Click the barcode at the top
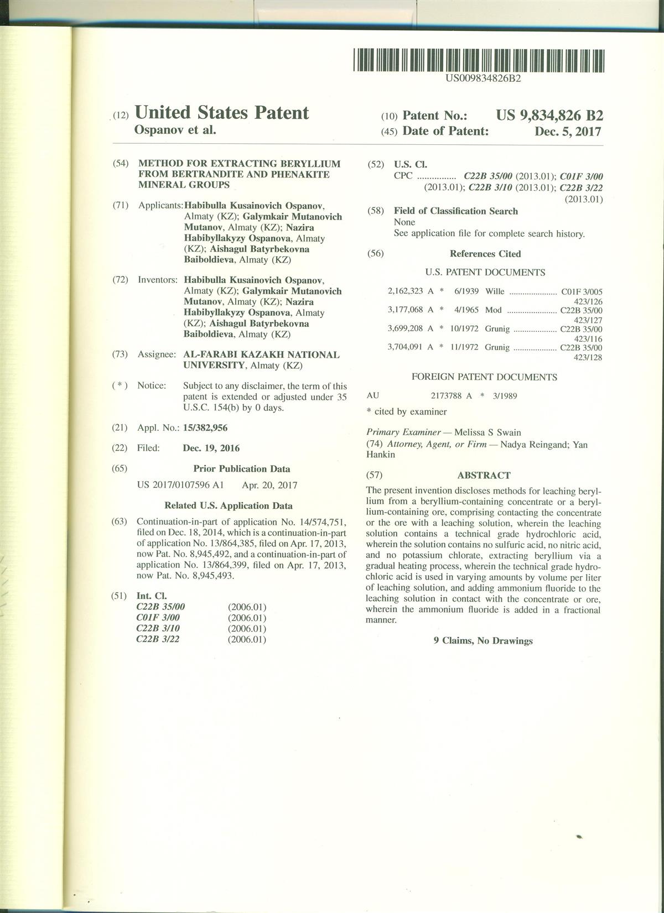[x=479, y=61]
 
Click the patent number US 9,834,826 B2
[x=549, y=116]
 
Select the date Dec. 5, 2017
[x=568, y=132]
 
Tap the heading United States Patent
[x=221, y=113]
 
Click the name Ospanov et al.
[x=175, y=131]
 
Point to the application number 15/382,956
[x=205, y=428]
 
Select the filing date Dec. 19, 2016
[x=211, y=448]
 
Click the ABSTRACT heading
[x=484, y=475]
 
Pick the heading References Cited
[x=485, y=254]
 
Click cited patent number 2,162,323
[x=406, y=291]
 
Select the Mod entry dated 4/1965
[x=493, y=310]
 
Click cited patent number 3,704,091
[x=406, y=348]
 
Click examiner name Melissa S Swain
[x=487, y=432]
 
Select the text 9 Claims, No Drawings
[x=483, y=641]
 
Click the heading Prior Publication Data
[x=242, y=469]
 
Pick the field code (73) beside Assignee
[x=120, y=354]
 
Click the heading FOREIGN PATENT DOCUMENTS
[x=484, y=377]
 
